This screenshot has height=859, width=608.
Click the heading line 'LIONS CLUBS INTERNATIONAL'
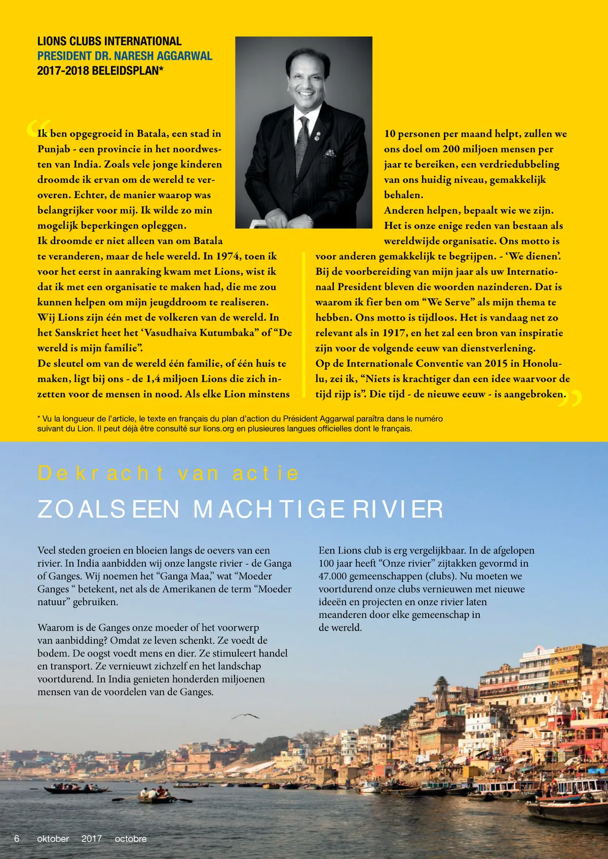point(109,42)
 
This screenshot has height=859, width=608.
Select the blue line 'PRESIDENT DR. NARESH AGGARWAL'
point(125,56)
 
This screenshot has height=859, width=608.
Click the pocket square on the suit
point(330,152)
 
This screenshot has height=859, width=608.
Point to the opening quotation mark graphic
point(37,128)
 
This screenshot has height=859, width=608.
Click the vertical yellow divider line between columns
point(303,324)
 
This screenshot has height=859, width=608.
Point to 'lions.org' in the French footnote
point(220,428)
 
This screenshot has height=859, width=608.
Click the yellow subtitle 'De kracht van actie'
point(168,473)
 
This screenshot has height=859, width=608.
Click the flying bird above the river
point(245,716)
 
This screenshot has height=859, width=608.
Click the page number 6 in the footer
point(17,839)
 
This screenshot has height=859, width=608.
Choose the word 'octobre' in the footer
point(130,839)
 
